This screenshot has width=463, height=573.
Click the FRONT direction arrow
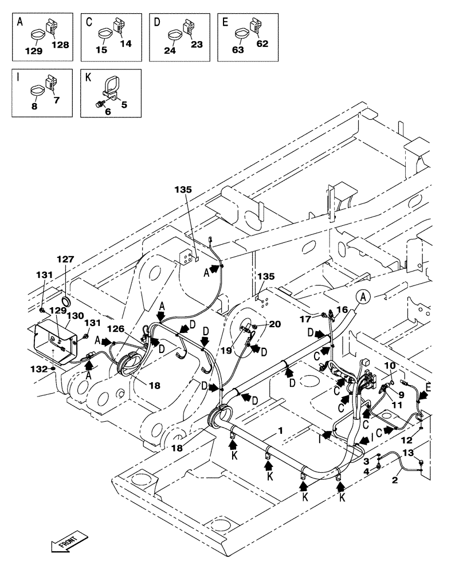(x=69, y=541)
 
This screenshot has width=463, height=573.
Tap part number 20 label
(x=276, y=324)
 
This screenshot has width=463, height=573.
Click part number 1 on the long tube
(x=281, y=430)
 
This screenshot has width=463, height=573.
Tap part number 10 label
(x=390, y=366)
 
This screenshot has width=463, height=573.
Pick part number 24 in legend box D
(x=171, y=50)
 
